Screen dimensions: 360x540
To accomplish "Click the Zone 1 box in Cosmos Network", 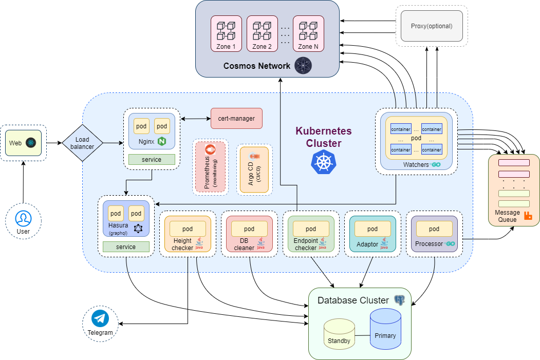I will [x=226, y=33].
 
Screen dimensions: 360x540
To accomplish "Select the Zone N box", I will [x=308, y=33].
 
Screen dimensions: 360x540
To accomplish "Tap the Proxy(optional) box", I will [x=431, y=26].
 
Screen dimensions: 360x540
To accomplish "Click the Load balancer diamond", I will [x=82, y=143].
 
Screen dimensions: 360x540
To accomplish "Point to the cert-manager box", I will [x=236, y=119].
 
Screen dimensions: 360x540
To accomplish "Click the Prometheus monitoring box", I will [x=210, y=167].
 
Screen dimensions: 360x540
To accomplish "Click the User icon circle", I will [x=23, y=218].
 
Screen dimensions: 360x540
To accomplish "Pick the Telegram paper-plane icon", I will [x=100, y=319].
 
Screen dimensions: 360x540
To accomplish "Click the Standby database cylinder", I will [x=339, y=334].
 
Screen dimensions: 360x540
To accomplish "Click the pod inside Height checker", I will [x=188, y=229].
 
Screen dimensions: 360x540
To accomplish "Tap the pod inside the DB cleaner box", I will [x=249, y=229].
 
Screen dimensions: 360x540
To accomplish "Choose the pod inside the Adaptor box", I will [x=373, y=229].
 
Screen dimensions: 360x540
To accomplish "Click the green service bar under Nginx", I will [x=152, y=160].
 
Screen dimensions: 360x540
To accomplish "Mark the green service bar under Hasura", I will [x=126, y=247].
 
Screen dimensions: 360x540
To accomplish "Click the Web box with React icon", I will [x=23, y=143].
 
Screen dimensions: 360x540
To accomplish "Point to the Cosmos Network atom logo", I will [x=303, y=66].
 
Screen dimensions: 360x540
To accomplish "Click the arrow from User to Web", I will [x=23, y=182].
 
